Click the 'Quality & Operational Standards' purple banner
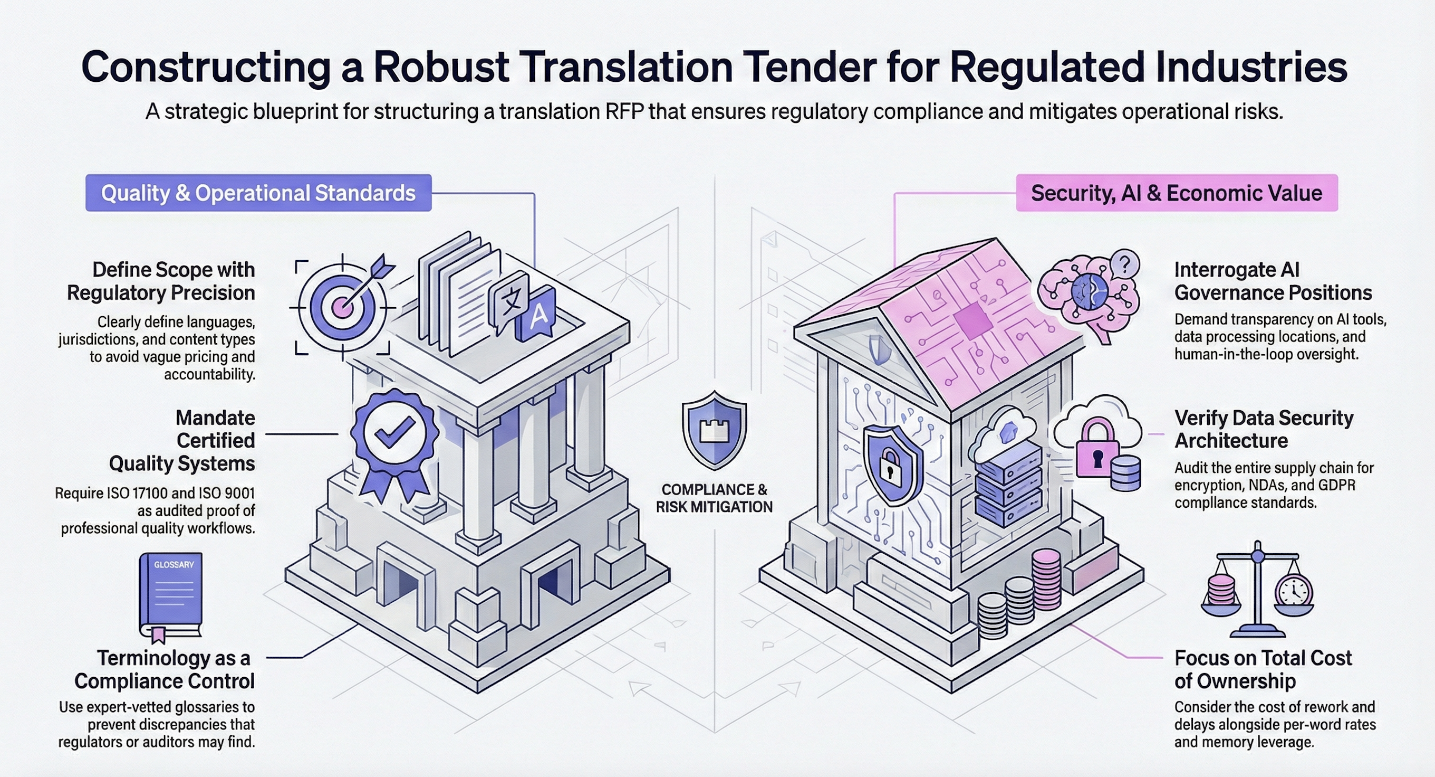point(258,193)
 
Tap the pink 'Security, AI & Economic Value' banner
point(1176,193)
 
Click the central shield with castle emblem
point(714,430)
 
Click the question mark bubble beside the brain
point(1125,264)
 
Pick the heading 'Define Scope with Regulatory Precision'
point(161,281)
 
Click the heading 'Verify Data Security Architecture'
point(1264,429)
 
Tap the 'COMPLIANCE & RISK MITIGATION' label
point(714,498)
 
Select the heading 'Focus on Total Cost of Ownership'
point(1263,669)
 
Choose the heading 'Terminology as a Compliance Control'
point(165,669)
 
